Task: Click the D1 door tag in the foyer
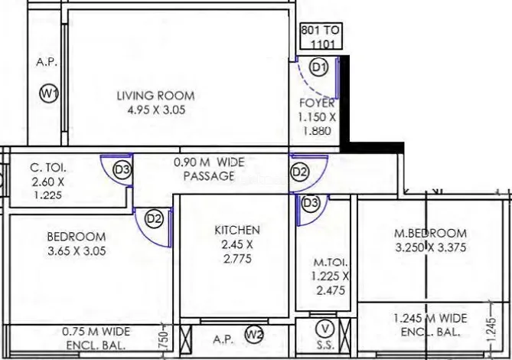pyautogui.click(x=319, y=67)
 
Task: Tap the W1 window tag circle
pyautogui.click(x=49, y=93)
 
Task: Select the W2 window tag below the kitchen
pyautogui.click(x=254, y=335)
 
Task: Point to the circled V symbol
pyautogui.click(x=325, y=329)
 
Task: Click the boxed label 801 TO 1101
pyautogui.click(x=321, y=36)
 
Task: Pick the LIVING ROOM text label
pyautogui.click(x=156, y=96)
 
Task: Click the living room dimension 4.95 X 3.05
pyautogui.click(x=156, y=110)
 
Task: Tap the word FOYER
pyautogui.click(x=317, y=103)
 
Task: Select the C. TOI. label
pyautogui.click(x=48, y=168)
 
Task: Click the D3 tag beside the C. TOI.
pyautogui.click(x=122, y=170)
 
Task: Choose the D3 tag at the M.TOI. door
pyautogui.click(x=311, y=203)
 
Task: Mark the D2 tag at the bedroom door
pyautogui.click(x=154, y=218)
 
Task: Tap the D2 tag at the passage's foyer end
pyautogui.click(x=299, y=172)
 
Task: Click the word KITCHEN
pyautogui.click(x=237, y=230)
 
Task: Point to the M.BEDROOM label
pyautogui.click(x=431, y=234)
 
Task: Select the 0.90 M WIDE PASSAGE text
pyautogui.click(x=209, y=169)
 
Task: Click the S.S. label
pyautogui.click(x=325, y=345)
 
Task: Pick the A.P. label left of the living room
pyautogui.click(x=47, y=62)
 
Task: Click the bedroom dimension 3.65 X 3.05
pyautogui.click(x=77, y=251)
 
